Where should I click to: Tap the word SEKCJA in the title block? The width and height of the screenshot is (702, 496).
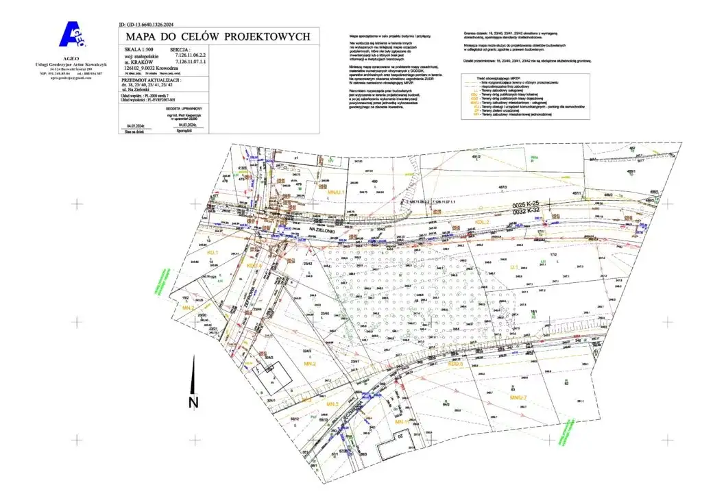[x=180, y=50]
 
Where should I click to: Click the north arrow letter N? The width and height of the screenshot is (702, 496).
[x=193, y=401]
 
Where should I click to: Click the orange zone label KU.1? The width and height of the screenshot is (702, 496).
[x=213, y=253]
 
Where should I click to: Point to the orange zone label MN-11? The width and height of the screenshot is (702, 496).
[x=402, y=423]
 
